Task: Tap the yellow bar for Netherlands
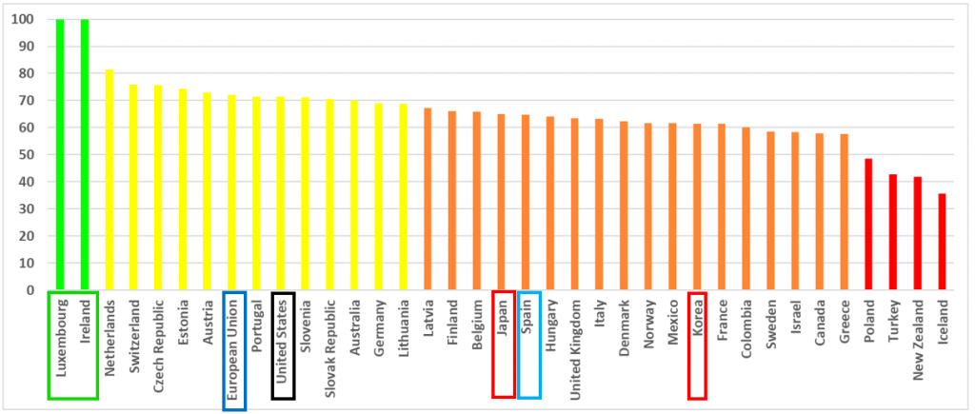point(109,180)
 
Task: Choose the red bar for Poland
point(868,225)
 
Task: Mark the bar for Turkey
point(893,232)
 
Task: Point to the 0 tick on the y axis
point(32,290)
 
